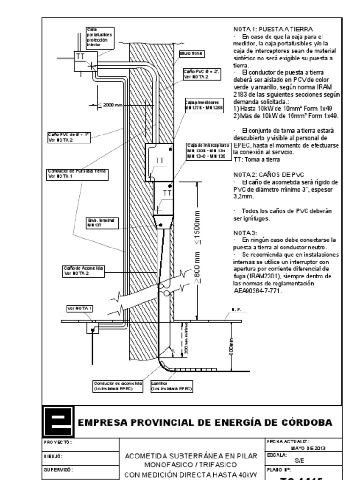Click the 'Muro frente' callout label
tap(191, 54)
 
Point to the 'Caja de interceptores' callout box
tap(206, 150)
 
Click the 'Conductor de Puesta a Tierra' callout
tap(77, 173)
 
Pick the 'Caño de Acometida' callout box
tap(83, 270)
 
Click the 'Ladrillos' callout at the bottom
tap(172, 386)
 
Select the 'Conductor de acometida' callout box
tap(118, 386)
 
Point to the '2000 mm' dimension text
tap(112, 105)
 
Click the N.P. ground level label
tap(236, 310)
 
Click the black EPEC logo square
tap(58, 421)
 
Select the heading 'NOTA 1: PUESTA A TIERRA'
tap(273, 29)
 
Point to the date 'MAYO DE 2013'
tap(308, 448)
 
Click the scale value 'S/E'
tap(299, 460)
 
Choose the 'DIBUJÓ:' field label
tap(53, 456)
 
